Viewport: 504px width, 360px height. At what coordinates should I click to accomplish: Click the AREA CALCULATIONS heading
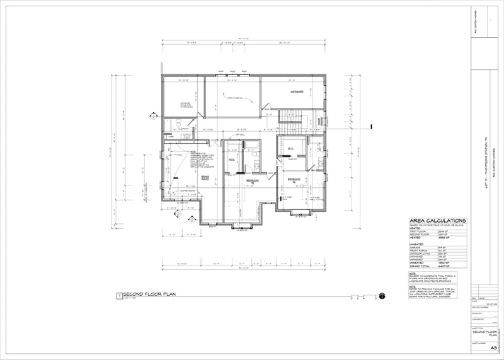tap(438, 220)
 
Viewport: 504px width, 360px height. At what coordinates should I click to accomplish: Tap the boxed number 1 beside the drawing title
tap(118, 295)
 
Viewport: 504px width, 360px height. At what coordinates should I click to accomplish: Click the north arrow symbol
tap(382, 295)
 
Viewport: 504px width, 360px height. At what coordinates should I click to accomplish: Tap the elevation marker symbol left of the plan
tap(152, 116)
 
